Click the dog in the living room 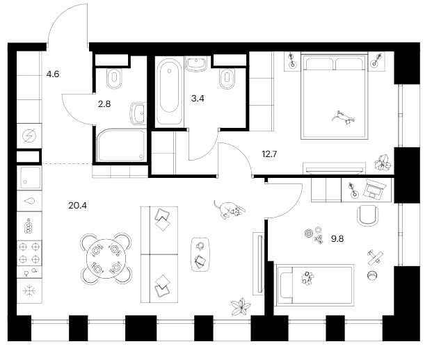pos(229,208)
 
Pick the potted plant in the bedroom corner pos(382,163)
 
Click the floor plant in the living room pos(243,306)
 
